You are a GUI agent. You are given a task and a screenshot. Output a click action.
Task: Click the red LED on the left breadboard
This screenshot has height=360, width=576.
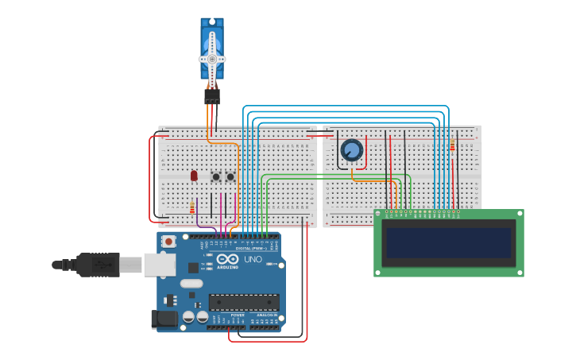click(194, 176)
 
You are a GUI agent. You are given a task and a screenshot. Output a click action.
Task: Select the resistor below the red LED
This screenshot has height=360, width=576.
click(192, 207)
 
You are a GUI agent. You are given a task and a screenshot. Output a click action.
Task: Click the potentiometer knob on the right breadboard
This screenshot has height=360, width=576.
click(351, 149)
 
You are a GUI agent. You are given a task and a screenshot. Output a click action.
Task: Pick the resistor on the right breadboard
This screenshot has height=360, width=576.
click(452, 145)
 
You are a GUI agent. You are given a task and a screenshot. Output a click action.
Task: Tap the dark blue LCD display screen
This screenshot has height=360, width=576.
click(449, 242)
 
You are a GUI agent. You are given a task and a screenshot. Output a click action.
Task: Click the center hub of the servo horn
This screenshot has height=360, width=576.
click(212, 59)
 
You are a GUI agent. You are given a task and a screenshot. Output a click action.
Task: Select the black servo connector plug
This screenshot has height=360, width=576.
click(212, 95)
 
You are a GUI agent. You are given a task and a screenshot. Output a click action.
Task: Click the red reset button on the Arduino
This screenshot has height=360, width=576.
click(168, 242)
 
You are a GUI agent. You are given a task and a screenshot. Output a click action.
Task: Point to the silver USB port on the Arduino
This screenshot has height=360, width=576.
click(160, 265)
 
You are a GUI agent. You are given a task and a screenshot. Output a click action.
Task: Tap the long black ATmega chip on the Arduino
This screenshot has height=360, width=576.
click(244, 302)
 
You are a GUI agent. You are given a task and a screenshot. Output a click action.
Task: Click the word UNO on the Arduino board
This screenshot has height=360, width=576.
click(253, 260)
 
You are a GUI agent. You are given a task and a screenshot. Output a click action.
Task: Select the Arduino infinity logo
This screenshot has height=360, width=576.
click(227, 260)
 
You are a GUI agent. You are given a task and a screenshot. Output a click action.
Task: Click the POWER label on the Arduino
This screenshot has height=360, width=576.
click(238, 315)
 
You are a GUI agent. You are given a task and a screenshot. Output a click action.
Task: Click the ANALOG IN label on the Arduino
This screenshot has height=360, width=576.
click(267, 315)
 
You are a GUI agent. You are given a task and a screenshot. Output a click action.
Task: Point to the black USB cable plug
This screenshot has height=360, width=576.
click(99, 265)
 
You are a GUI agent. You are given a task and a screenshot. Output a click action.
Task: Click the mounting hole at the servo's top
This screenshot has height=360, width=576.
click(212, 23)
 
